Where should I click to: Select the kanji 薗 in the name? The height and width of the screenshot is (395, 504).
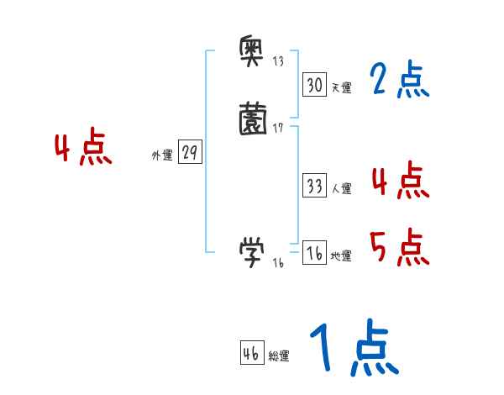click(x=252, y=118)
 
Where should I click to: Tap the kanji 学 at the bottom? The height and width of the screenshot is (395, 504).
click(x=252, y=250)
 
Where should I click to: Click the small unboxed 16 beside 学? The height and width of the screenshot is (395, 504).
click(x=278, y=263)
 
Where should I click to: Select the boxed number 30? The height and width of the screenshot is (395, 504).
click(x=314, y=84)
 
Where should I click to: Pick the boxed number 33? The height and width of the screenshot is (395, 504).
click(x=314, y=186)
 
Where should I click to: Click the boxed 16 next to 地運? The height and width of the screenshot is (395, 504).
click(x=314, y=253)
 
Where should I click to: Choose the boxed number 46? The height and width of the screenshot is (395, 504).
click(x=251, y=354)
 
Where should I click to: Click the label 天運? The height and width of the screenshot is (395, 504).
click(x=341, y=87)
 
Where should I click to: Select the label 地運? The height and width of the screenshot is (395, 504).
click(x=341, y=256)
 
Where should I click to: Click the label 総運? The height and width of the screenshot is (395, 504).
click(x=279, y=356)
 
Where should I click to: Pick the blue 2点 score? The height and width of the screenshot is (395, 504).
click(x=399, y=81)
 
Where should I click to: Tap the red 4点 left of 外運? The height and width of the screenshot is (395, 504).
click(x=83, y=149)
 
